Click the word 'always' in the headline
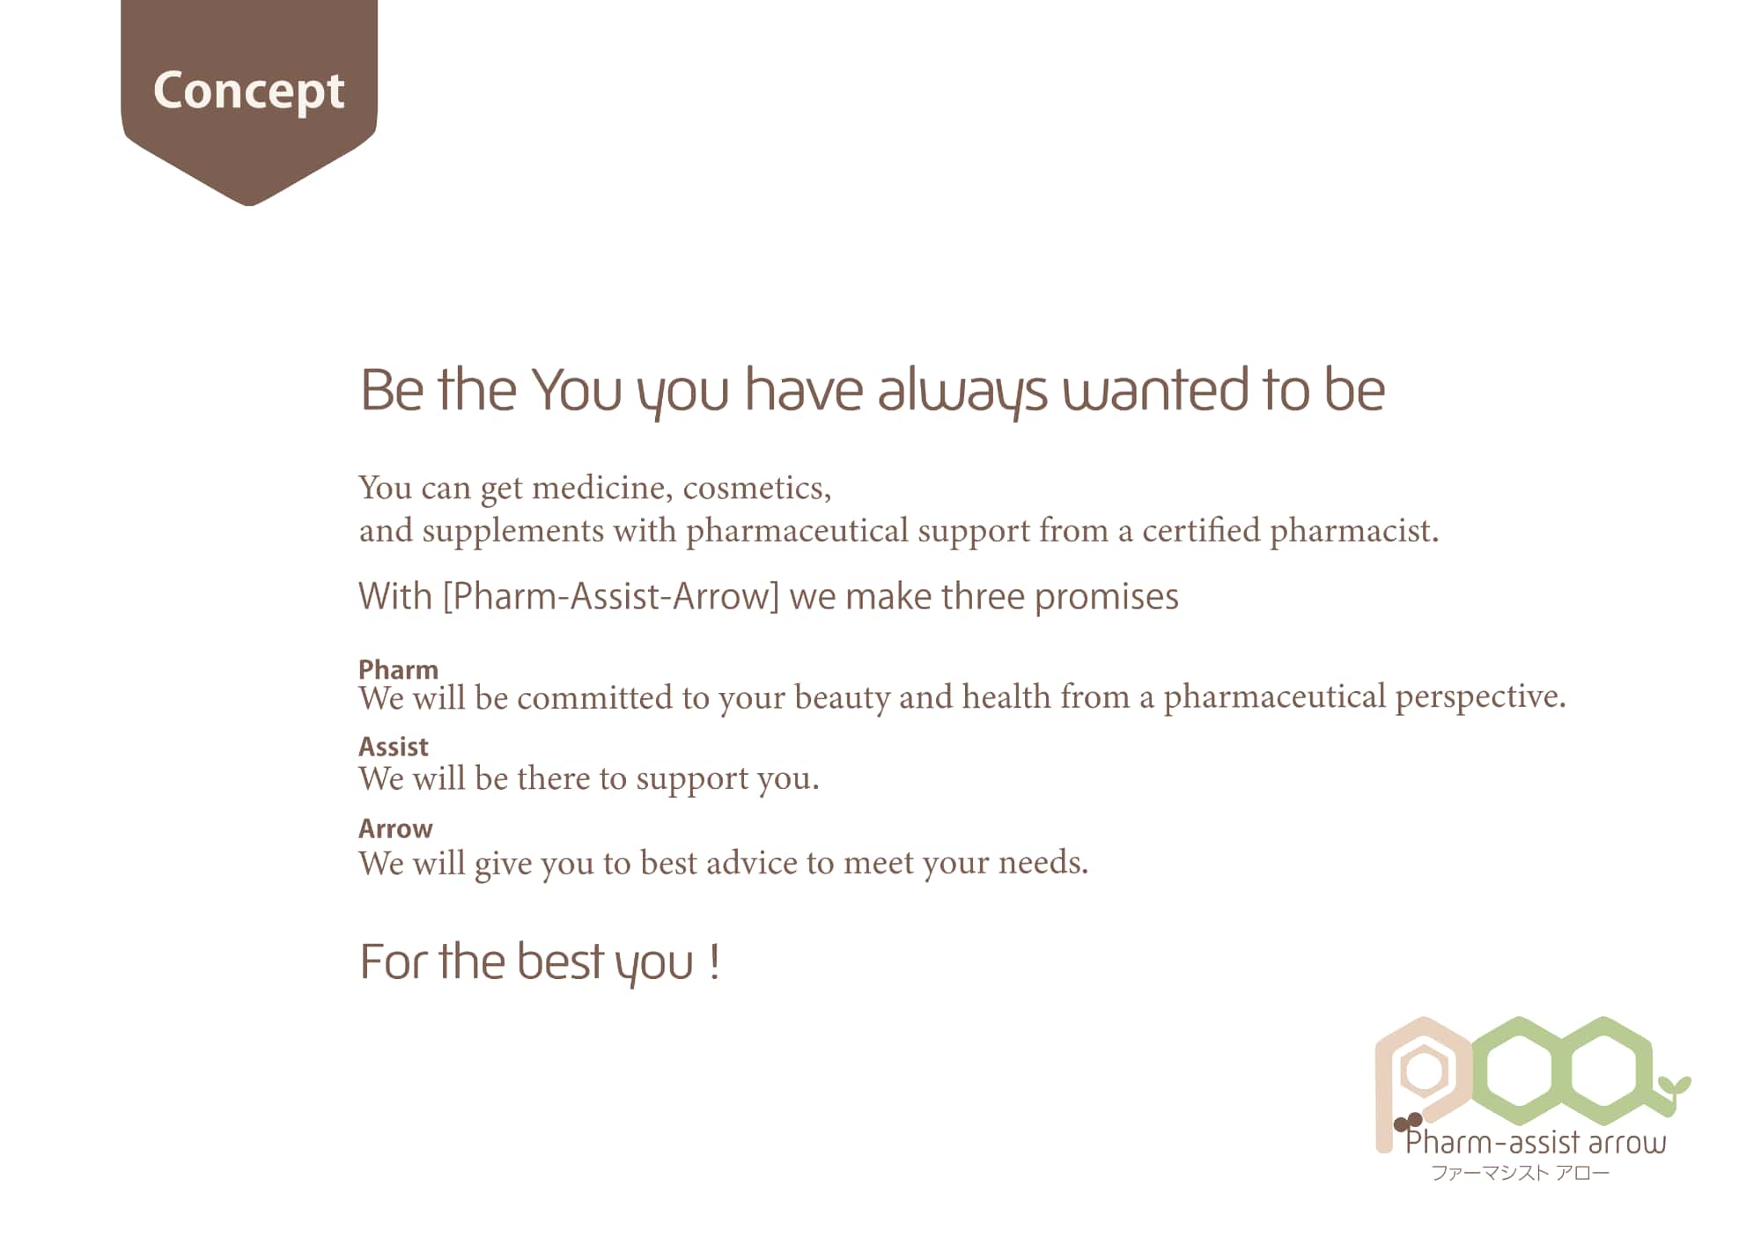click(x=962, y=393)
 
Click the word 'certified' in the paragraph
click(x=1201, y=530)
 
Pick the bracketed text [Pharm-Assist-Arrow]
click(x=612, y=597)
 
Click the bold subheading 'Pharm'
click(x=398, y=669)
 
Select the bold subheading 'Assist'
click(x=393, y=747)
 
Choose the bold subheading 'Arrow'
click(x=395, y=829)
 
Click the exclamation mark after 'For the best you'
click(x=714, y=961)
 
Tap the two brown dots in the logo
click(x=1408, y=1122)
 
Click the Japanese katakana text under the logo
click(x=1521, y=1173)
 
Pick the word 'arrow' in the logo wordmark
click(x=1627, y=1144)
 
